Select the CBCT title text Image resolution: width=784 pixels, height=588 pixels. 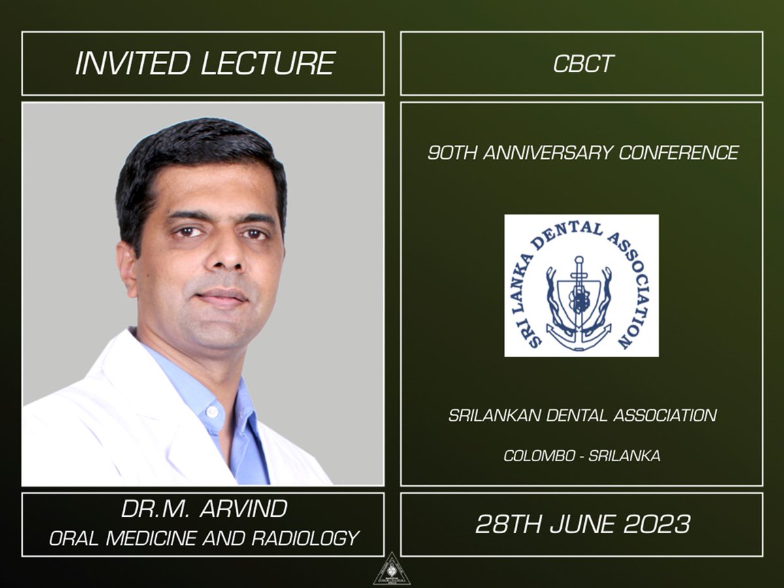coord(581,64)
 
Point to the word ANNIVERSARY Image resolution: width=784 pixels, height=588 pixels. coord(548,153)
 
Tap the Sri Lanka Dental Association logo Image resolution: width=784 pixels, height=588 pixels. coord(581,286)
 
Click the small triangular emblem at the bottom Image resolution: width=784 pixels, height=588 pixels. coord(391,570)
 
